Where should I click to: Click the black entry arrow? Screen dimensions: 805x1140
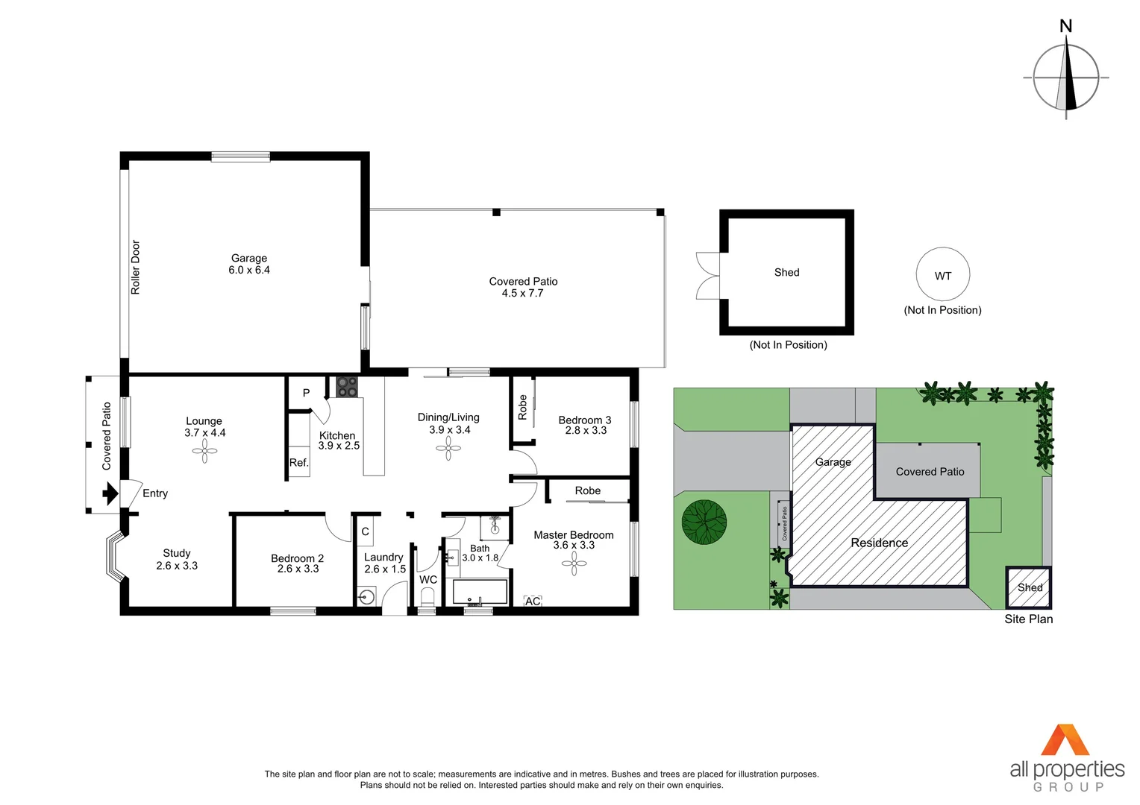tap(110, 493)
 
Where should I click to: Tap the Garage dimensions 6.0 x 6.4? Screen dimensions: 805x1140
tap(249, 270)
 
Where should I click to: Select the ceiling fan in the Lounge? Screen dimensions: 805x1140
tap(204, 451)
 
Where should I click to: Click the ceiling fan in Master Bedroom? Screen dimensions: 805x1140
tap(574, 563)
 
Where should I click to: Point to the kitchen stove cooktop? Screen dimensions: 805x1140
tap(347, 387)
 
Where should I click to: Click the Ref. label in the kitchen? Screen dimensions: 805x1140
tap(298, 463)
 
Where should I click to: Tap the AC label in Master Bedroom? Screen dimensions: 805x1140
tap(533, 601)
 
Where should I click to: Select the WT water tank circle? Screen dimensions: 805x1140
tap(943, 275)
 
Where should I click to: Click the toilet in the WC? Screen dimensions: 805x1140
tap(427, 598)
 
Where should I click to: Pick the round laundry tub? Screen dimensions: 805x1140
tap(366, 597)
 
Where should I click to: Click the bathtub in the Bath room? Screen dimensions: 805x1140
tap(480, 592)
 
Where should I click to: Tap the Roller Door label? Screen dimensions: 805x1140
tap(136, 267)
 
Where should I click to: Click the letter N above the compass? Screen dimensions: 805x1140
tap(1066, 26)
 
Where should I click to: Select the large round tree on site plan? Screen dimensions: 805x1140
tap(704, 522)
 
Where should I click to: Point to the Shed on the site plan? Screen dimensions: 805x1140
tap(1029, 587)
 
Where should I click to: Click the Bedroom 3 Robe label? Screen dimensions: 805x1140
tap(522, 407)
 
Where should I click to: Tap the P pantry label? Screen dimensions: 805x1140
tap(306, 393)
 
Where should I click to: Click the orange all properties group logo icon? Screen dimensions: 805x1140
tap(1065, 740)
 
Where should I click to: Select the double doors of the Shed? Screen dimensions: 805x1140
tap(707, 276)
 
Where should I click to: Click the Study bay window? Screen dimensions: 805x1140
tap(114, 556)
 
